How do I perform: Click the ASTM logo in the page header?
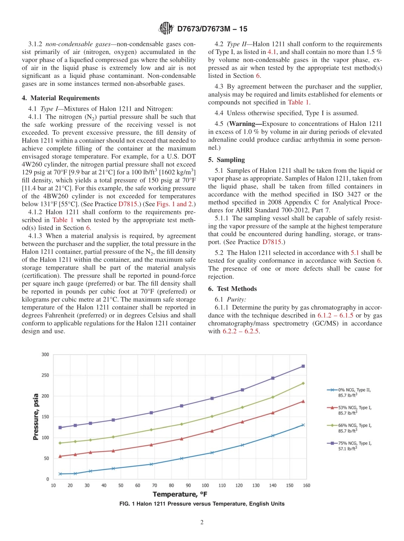[x=166, y=28]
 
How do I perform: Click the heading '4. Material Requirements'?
[x=60, y=98]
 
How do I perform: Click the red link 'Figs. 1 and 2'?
[x=176, y=204]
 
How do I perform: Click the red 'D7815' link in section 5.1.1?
[x=272, y=242]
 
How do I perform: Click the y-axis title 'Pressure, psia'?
[x=37, y=416]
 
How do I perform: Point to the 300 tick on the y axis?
[x=45, y=355]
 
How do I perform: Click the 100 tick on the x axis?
[x=205, y=485]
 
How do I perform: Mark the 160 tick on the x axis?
[x=306, y=485]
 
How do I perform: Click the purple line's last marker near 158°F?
[x=303, y=366]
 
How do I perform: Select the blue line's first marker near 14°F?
[x=60, y=474]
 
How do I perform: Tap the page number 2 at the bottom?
[x=202, y=523]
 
